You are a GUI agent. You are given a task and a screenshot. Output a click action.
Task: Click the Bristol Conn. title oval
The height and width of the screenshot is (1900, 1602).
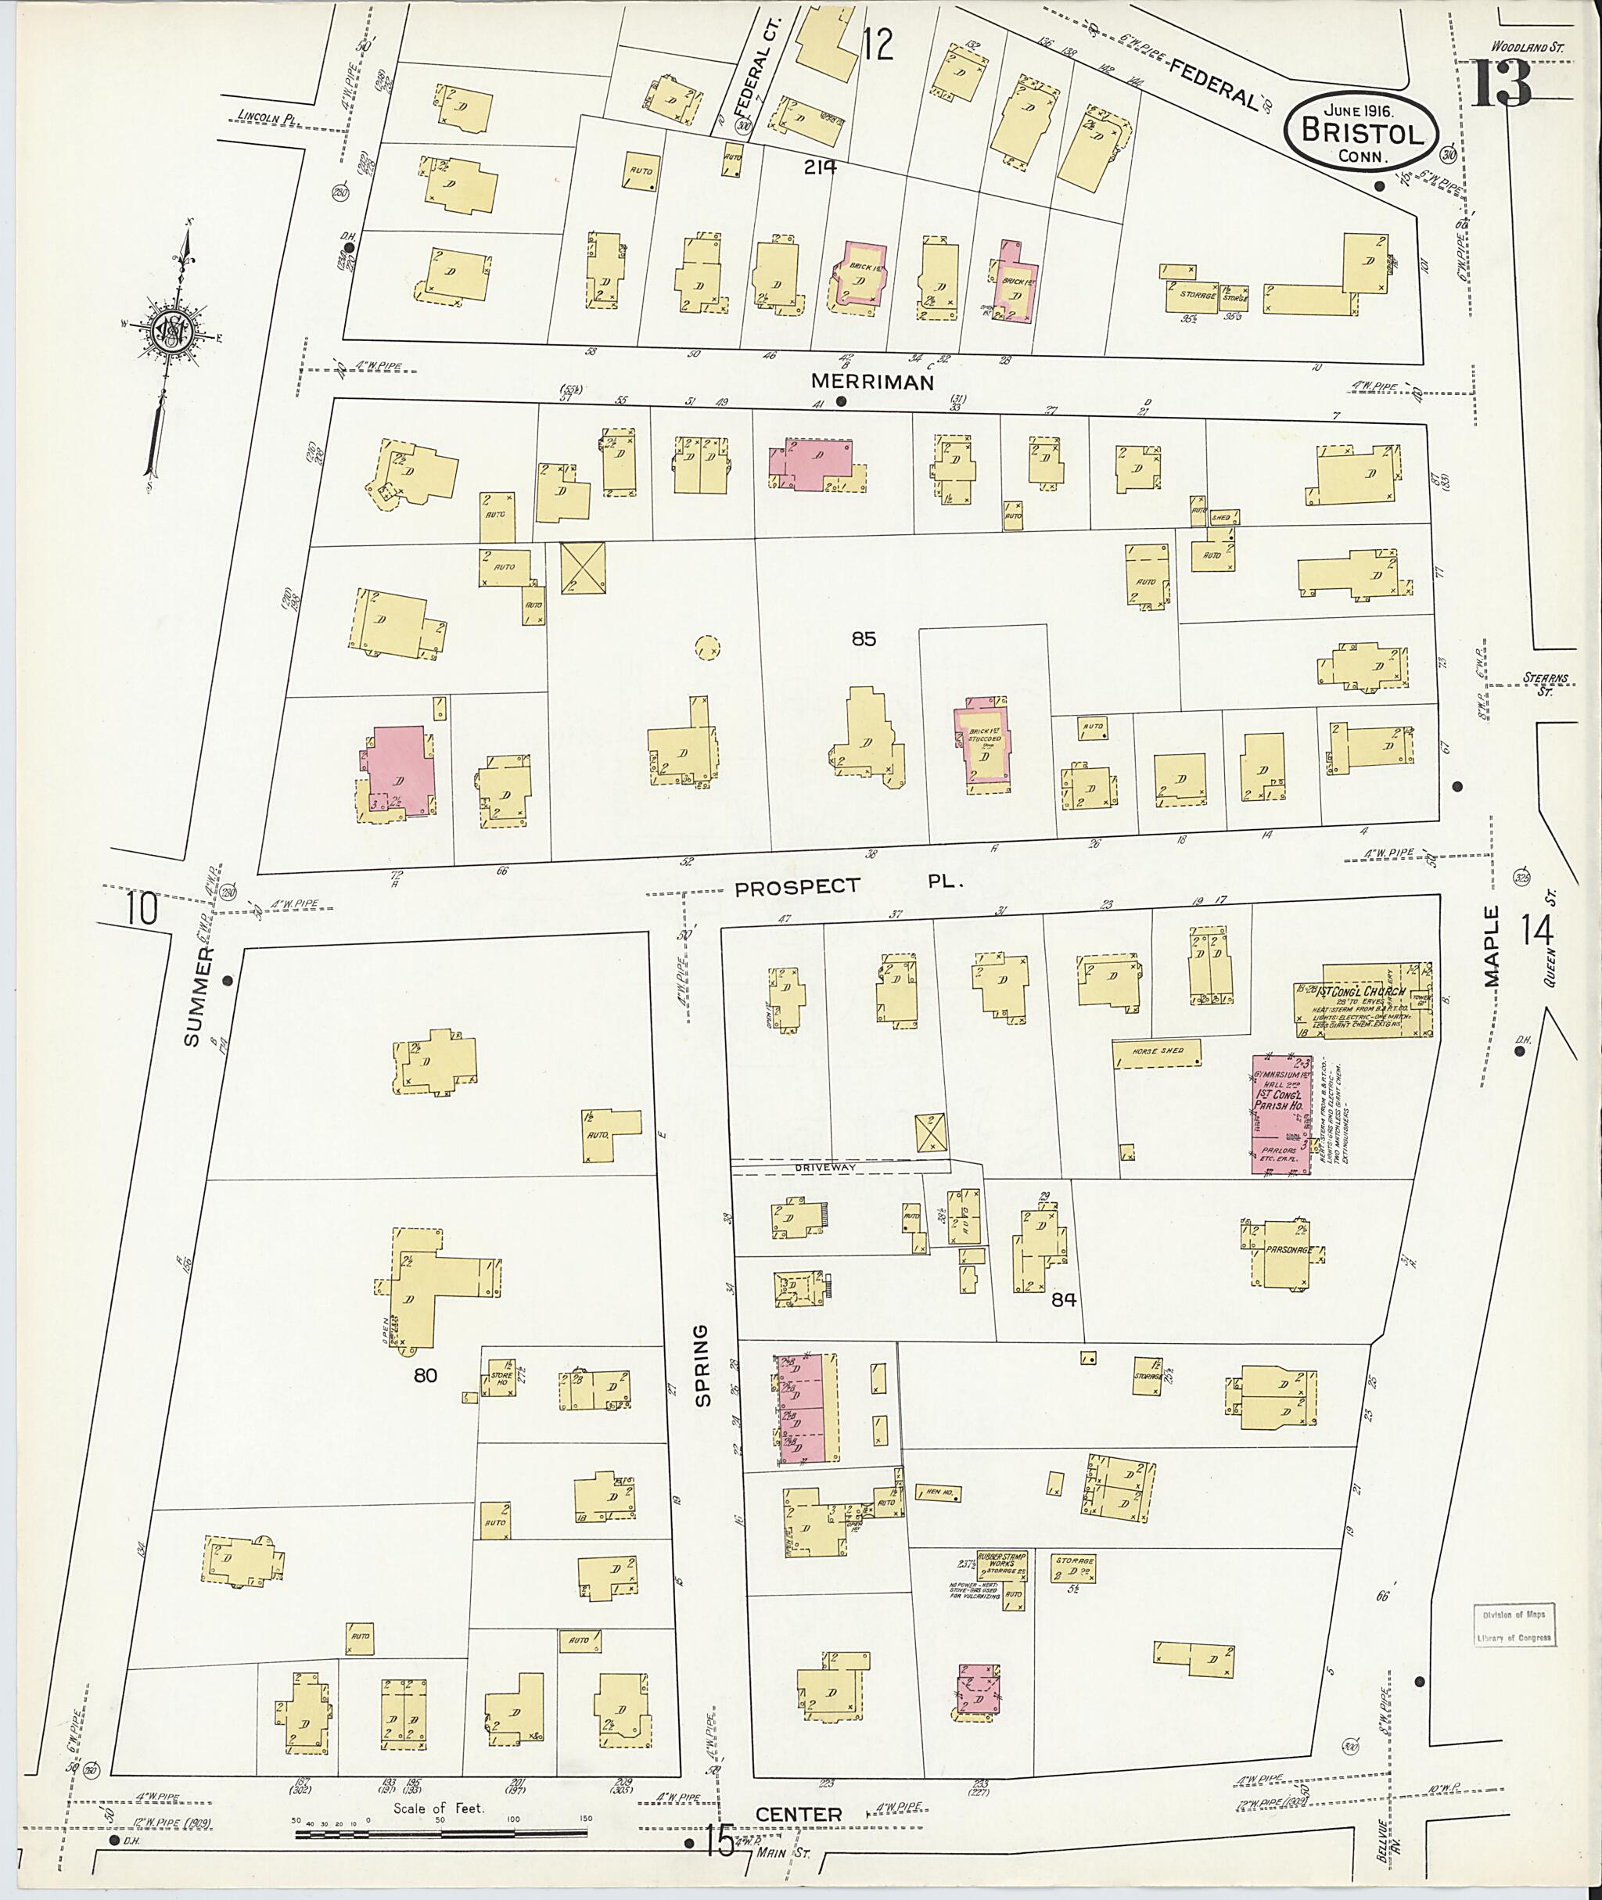pos(1361,131)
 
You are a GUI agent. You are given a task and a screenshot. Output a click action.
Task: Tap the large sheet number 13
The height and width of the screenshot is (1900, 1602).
pos(1501,84)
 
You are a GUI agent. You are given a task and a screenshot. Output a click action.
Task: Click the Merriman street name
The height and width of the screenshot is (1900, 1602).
pos(872,383)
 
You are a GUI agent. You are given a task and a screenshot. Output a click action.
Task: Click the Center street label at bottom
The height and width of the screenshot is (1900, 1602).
pos(799,1814)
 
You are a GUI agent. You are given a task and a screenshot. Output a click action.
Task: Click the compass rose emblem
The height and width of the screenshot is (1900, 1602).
pos(169,333)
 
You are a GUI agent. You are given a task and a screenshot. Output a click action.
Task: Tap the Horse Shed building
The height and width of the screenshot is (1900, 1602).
pos(1157,1053)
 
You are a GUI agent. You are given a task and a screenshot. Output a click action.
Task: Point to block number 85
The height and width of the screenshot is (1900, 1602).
pos(863,638)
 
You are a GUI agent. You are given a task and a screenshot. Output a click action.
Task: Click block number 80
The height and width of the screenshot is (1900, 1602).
pos(425,1375)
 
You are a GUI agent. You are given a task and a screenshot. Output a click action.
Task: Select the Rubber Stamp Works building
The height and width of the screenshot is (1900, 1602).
pos(1002,1580)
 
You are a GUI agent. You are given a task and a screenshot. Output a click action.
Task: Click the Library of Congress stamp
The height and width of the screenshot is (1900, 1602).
pos(1512,1625)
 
